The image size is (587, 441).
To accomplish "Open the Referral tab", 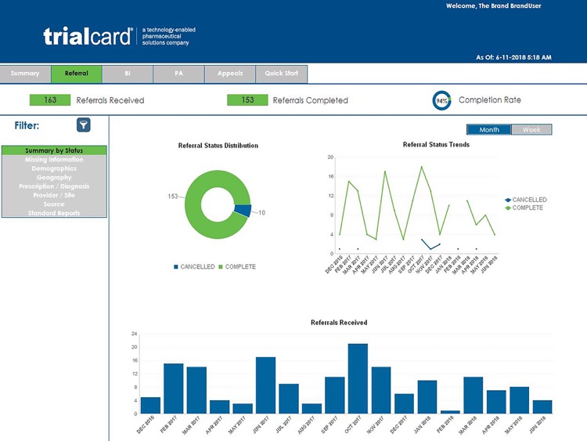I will (x=76, y=74).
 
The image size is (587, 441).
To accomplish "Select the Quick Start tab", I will (x=281, y=74).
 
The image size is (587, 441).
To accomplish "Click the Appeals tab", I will (x=230, y=74).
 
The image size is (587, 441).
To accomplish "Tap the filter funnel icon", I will (x=83, y=125).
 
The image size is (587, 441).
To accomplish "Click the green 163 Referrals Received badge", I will (x=50, y=100).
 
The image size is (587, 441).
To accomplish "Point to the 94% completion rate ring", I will (x=441, y=101).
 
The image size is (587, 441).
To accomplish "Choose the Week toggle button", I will (x=531, y=130).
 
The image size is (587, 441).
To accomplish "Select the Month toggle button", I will (x=489, y=130).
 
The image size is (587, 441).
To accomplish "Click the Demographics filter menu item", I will (x=54, y=168).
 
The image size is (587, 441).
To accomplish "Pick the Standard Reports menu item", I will (x=54, y=213).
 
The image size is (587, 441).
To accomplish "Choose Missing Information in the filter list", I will (x=54, y=160).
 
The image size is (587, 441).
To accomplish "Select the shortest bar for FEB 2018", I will (x=450, y=412).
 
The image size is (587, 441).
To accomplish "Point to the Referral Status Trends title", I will (x=436, y=145).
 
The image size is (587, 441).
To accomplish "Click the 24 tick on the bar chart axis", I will (x=134, y=334).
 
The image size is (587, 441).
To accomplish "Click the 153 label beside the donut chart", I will (x=174, y=197).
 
